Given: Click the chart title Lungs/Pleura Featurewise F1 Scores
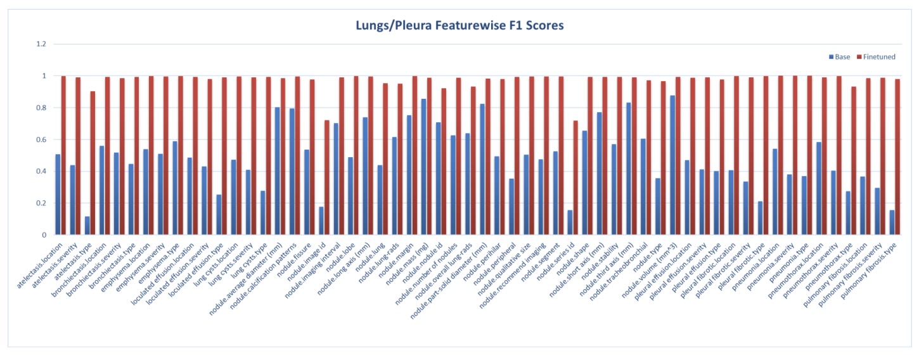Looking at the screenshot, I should pyautogui.click(x=459, y=26).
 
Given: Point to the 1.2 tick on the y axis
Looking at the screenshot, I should pyautogui.click(x=41, y=44).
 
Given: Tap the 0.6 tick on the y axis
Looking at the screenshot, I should pyautogui.click(x=41, y=139).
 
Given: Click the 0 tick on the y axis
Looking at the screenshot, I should pyautogui.click(x=44, y=235).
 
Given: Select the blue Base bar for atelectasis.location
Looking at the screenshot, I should pyautogui.click(x=58, y=195).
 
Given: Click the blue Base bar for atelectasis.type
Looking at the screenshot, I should pyautogui.click(x=87, y=226).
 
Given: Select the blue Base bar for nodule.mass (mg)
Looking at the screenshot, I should pyautogui.click(x=423, y=167).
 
